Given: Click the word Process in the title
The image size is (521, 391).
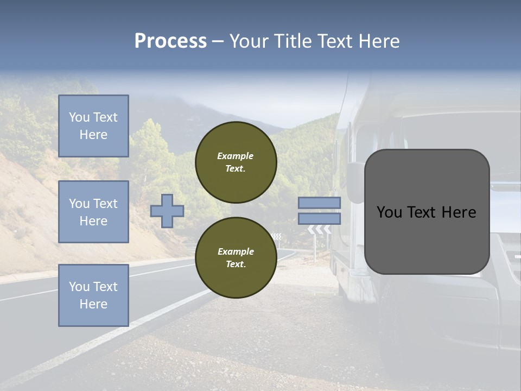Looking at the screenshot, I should point(170,41).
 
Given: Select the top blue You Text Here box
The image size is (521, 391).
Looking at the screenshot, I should point(93,126).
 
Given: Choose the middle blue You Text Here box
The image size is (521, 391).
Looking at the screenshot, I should point(93,212).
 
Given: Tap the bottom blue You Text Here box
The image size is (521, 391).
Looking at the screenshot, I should point(93,295).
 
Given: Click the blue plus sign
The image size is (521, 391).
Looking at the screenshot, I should point(167,211).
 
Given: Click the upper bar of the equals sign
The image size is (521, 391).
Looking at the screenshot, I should point(319,203).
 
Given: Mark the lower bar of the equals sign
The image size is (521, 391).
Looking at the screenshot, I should point(319,218).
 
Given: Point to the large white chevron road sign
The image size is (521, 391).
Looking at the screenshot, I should point(320,230).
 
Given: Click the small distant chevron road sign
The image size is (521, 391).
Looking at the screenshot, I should point(277,236).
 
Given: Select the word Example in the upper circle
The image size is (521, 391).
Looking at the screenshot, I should point(236,156).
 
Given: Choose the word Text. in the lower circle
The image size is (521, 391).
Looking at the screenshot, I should point(236,264).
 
